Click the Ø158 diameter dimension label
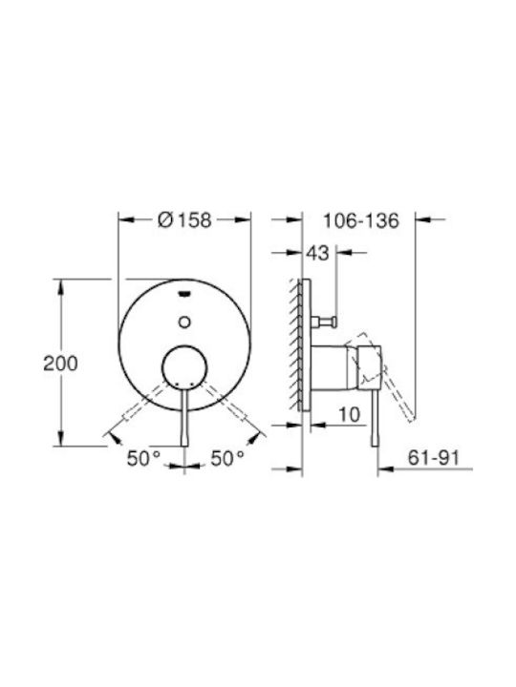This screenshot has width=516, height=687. point(184,220)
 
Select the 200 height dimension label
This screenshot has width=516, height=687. point(60,364)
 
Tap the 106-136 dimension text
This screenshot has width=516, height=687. point(360,220)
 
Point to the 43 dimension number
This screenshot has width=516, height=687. point(317,253)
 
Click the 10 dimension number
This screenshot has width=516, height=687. point(350,414)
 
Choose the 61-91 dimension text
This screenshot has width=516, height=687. point(434,458)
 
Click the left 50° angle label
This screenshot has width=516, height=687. point(144,459)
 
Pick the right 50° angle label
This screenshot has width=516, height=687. point(227,459)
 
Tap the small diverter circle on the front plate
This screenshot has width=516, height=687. point(184,323)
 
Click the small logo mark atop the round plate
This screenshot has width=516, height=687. point(184,294)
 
